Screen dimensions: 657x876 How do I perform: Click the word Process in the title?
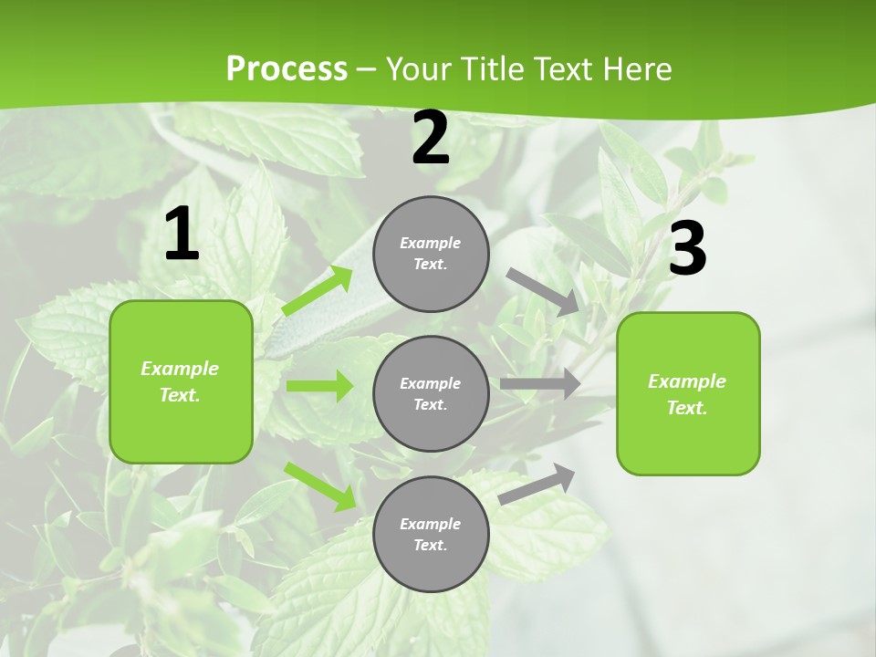point(287,68)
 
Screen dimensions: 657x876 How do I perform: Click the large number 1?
point(182,235)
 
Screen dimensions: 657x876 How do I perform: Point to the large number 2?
point(431,139)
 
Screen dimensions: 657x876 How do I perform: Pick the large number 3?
point(687,248)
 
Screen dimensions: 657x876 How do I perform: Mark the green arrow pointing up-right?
point(317,291)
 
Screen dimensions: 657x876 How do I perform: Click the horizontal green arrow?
point(319,386)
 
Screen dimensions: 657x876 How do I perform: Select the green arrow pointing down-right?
point(320,485)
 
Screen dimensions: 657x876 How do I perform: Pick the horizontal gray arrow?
point(540,384)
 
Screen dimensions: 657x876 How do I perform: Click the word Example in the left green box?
point(180,369)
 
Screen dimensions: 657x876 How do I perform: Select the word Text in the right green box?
point(687,408)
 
